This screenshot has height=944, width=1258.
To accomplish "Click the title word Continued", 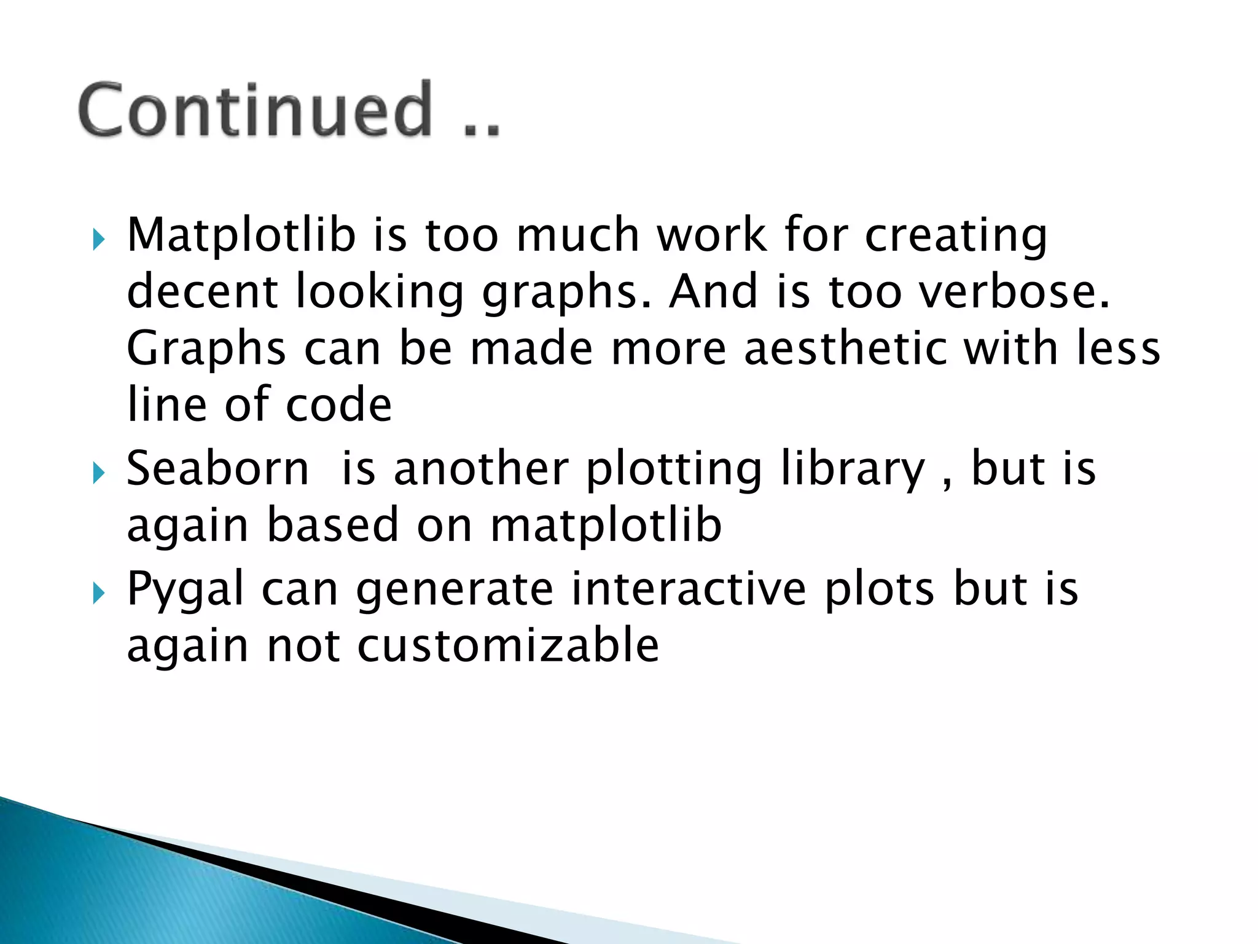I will (256, 111).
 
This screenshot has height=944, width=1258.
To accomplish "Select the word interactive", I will (688, 588).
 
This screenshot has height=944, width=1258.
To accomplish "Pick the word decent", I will (202, 291).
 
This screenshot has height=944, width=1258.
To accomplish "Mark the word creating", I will (956, 236).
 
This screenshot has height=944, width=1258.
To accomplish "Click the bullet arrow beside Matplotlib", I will (98, 239).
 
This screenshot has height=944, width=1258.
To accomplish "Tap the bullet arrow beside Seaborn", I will (98, 473).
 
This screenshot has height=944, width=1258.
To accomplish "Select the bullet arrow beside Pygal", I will (98, 593).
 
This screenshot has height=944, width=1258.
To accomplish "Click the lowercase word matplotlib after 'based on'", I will (606, 525).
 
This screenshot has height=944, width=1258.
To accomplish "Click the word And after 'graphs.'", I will (713, 291).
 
